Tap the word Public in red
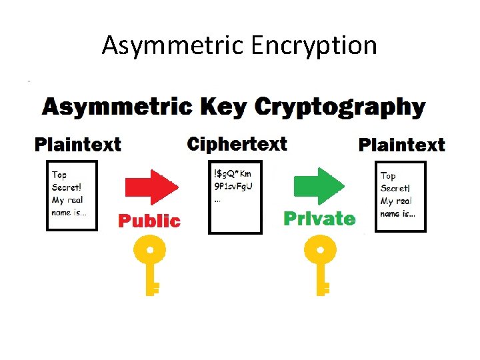pyautogui.click(x=149, y=220)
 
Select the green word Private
pyautogui.click(x=319, y=218)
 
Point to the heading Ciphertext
pyautogui.click(x=237, y=144)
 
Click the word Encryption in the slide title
pyautogui.click(x=314, y=45)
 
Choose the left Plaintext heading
pyautogui.click(x=78, y=144)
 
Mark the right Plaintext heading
pyautogui.click(x=402, y=145)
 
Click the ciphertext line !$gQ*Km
pyautogui.click(x=233, y=174)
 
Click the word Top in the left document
pyautogui.click(x=59, y=175)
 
